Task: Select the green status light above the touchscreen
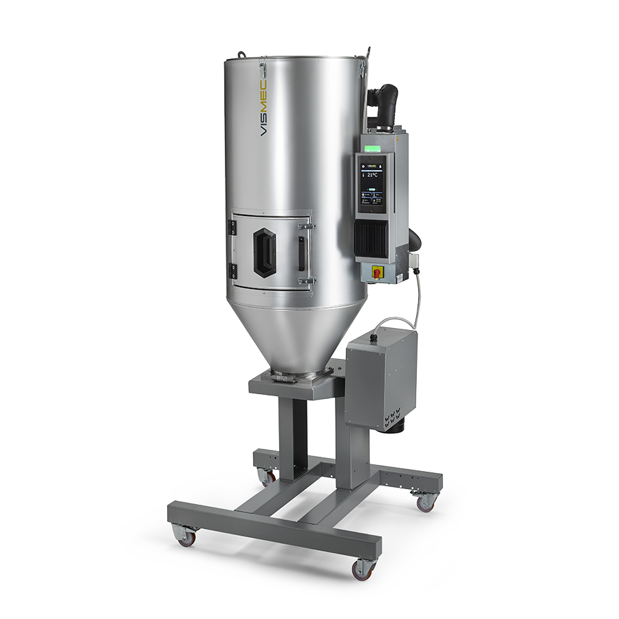(375, 146)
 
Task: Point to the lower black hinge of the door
(233, 271)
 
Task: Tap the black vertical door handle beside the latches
(301, 253)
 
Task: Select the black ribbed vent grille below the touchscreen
(372, 236)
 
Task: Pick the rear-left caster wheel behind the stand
(265, 476)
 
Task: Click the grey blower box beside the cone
(378, 378)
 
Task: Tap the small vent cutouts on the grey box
(394, 416)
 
